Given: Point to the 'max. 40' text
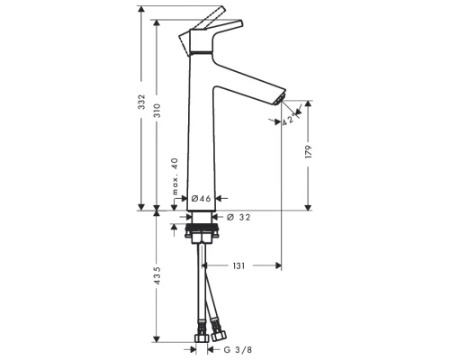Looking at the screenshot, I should coord(175,175).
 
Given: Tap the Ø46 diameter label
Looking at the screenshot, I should coord(201,197).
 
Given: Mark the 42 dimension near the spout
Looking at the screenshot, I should coord(289,119).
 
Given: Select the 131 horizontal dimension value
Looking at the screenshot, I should coord(240,265).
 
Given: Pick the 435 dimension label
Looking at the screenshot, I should coord(157,274).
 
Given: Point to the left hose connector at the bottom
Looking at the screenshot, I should coord(195,331).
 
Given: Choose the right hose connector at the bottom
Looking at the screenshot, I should coord(217,330).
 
